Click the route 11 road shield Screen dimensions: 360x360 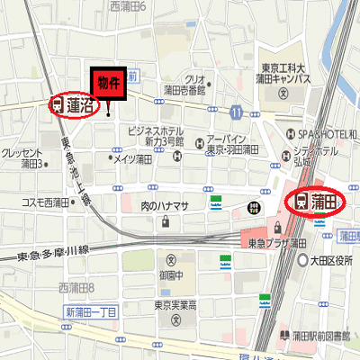pos(236,112)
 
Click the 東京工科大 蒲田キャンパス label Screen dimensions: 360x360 pos(282,72)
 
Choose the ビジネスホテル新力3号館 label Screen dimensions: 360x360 pos(156,136)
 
